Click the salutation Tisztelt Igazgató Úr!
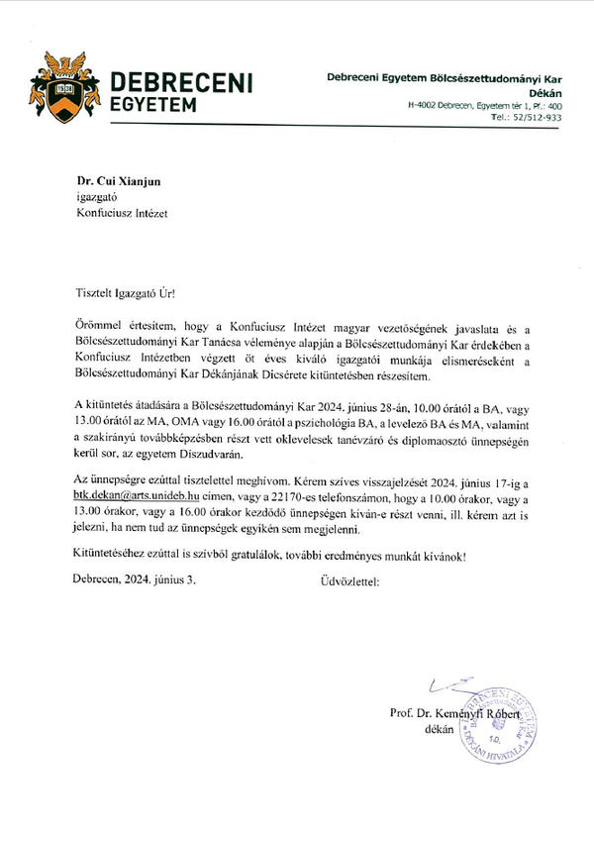(x=130, y=295)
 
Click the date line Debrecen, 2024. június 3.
(x=135, y=579)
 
